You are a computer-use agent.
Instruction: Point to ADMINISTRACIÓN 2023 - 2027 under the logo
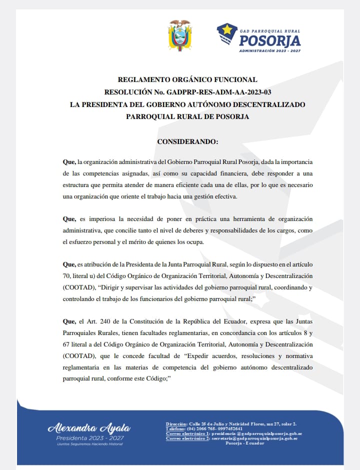[x=269, y=50]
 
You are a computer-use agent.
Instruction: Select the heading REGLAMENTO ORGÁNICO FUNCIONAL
[x=187, y=79]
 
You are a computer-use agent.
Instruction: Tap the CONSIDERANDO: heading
[x=187, y=141]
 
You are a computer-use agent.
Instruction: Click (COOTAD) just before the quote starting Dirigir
[x=77, y=288]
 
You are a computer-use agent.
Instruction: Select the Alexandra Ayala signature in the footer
[x=89, y=428]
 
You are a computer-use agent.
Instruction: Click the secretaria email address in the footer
[x=254, y=438]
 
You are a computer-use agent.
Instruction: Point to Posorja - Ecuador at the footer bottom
[x=245, y=443]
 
